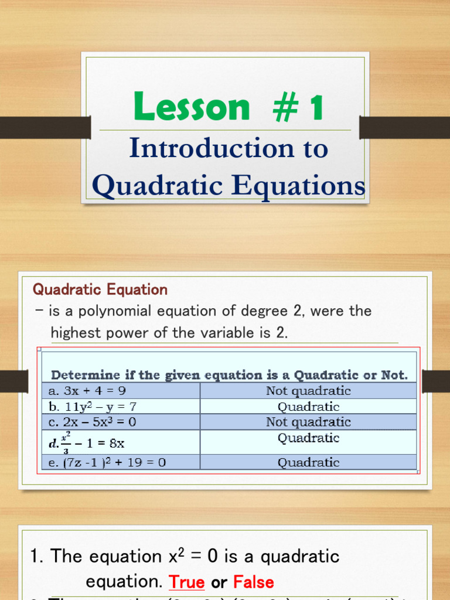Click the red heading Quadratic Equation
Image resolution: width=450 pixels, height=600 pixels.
(x=100, y=289)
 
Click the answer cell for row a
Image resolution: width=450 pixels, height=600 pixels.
(x=308, y=391)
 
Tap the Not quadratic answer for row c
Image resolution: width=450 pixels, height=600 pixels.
(x=308, y=422)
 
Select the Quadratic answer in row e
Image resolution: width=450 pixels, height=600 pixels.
(x=308, y=462)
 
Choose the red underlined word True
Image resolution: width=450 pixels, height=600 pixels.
(x=186, y=582)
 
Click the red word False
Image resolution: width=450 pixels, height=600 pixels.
(x=253, y=582)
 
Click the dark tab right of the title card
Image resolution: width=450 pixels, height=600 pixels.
(x=404, y=128)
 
